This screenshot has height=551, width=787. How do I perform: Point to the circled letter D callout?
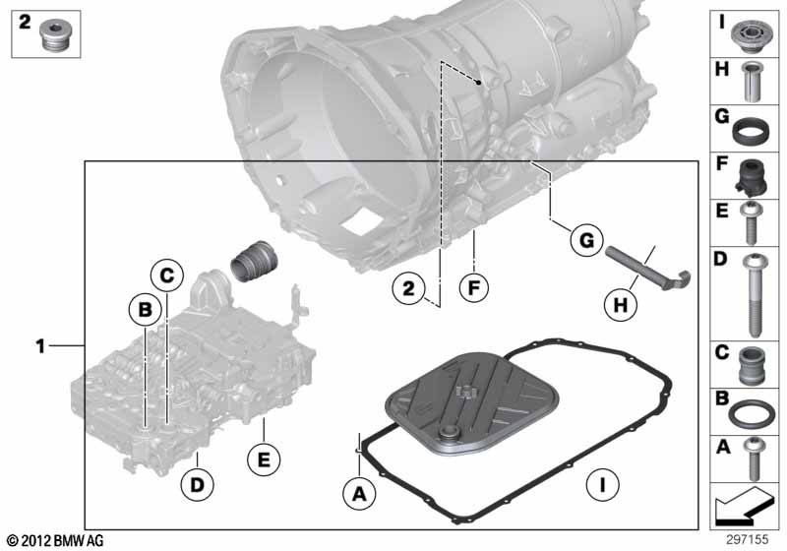point(197,485)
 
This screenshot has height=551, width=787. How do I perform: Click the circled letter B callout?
point(145,310)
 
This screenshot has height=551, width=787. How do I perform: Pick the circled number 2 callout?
point(407,289)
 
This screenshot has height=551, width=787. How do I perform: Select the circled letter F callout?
point(473,289)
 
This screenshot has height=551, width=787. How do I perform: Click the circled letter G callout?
point(584,239)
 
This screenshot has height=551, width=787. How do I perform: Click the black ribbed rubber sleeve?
point(255,265)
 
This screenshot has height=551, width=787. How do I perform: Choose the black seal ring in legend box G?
point(752,129)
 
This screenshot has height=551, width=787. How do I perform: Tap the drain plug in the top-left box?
point(54,36)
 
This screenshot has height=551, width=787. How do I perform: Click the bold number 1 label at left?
point(40,345)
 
